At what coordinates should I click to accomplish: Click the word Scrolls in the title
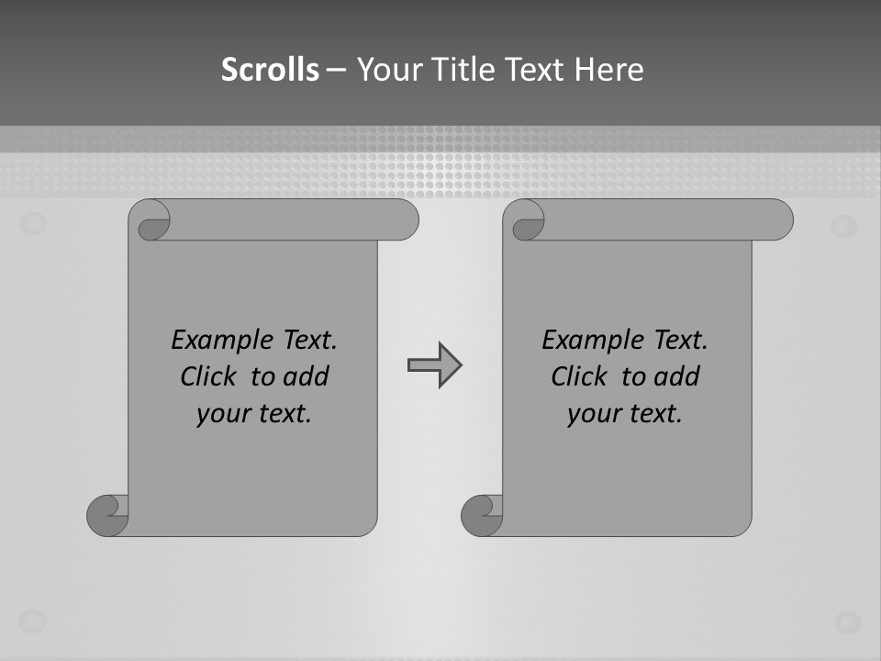[271, 70]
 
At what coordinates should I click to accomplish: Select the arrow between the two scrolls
[434, 365]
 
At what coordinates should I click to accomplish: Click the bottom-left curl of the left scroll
[106, 515]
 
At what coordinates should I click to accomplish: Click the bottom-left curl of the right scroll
[481, 515]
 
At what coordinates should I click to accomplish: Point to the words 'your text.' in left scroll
[254, 414]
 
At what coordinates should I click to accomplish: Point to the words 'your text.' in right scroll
[625, 414]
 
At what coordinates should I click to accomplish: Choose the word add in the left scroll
[306, 376]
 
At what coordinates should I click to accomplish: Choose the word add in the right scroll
[677, 376]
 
